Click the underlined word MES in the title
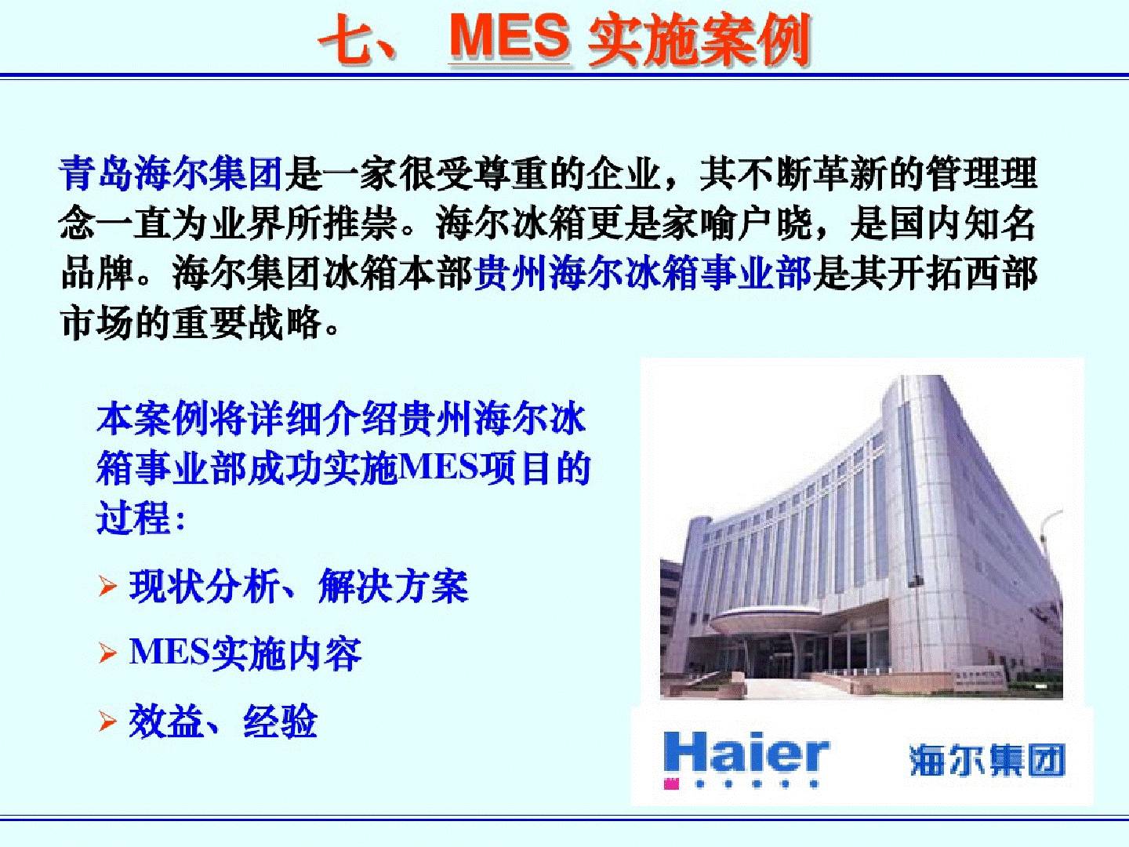[510, 38]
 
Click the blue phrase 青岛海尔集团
[170, 173]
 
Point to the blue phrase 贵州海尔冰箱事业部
[642, 273]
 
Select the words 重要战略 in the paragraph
[248, 323]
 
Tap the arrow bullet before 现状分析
[107, 587]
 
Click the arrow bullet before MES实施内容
[107, 653]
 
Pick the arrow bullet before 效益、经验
[107, 721]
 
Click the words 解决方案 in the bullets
[394, 586]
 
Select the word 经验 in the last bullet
[281, 721]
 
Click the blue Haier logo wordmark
[746, 753]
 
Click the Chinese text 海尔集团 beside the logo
[986, 760]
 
